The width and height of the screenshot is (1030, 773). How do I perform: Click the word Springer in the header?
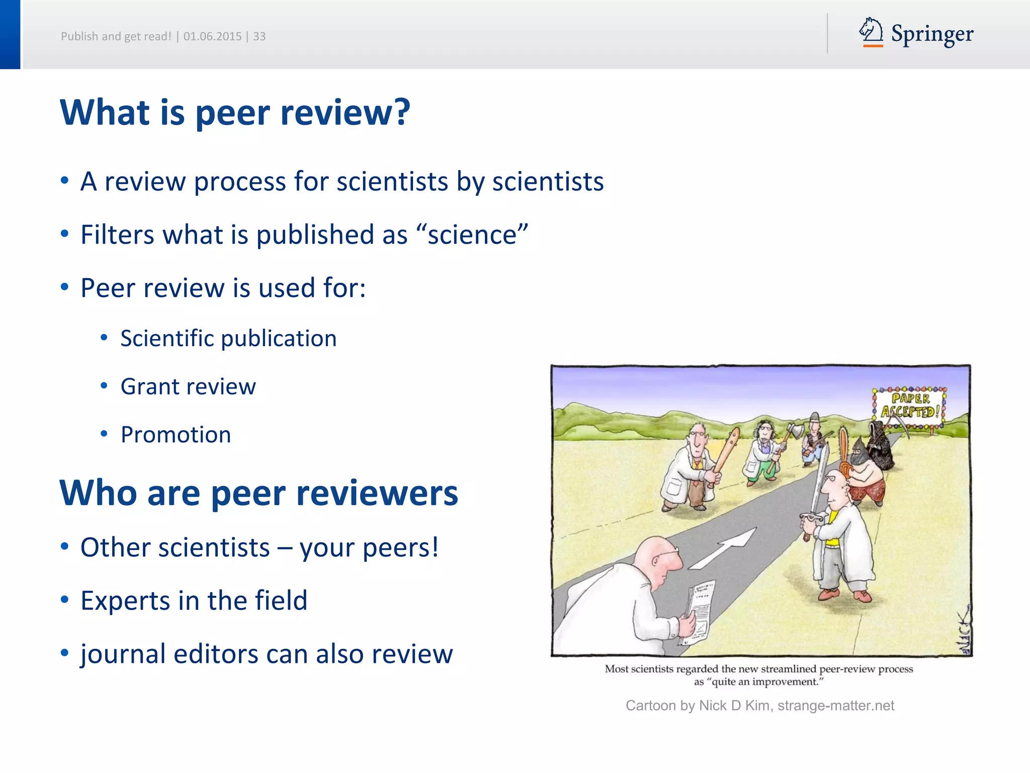pyautogui.click(x=932, y=34)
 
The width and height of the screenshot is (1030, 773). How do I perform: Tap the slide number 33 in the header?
pyautogui.click(x=259, y=36)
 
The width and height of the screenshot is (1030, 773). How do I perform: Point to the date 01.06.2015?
pyautogui.click(x=212, y=36)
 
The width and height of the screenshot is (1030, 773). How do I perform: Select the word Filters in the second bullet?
pyautogui.click(x=117, y=235)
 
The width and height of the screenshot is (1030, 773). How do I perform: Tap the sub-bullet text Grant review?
pyautogui.click(x=188, y=386)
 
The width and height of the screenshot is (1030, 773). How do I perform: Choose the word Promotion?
pyautogui.click(x=176, y=435)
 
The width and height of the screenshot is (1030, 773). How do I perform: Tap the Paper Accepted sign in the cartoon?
pyautogui.click(x=910, y=406)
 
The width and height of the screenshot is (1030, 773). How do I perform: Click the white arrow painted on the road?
pyautogui.click(x=724, y=549)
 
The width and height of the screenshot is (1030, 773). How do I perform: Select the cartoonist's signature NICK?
pyautogui.click(x=963, y=634)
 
